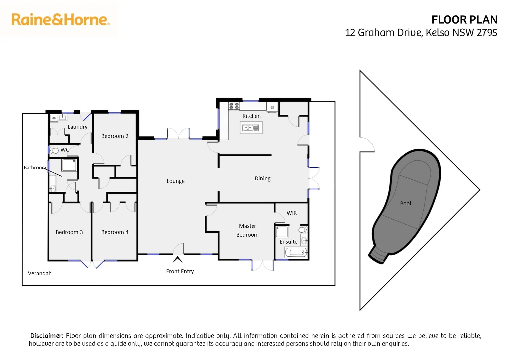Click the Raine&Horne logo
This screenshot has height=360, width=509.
click(61, 20)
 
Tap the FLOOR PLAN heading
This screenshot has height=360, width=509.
click(464, 20)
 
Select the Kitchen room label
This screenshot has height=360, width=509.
click(252, 116)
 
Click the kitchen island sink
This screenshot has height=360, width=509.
click(251, 128)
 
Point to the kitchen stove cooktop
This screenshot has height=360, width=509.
click(234, 106)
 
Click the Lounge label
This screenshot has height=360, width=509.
click(176, 181)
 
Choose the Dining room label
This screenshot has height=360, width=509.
click(263, 178)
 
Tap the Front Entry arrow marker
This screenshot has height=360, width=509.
click(178, 259)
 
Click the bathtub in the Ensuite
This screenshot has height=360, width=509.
click(296, 252)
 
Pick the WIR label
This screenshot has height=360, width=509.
click(292, 213)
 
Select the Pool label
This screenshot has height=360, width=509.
click(405, 203)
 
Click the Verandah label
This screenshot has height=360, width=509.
click(40, 273)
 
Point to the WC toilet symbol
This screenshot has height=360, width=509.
click(54, 150)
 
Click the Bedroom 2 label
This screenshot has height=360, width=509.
click(115, 136)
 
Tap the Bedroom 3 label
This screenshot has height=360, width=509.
click(69, 232)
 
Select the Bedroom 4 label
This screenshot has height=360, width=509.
click(115, 232)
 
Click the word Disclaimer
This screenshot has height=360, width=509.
click(47, 336)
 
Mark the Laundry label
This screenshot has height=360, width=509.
click(77, 127)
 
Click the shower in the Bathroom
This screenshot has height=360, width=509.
click(69, 165)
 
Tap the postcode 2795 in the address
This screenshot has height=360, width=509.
click(487, 33)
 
